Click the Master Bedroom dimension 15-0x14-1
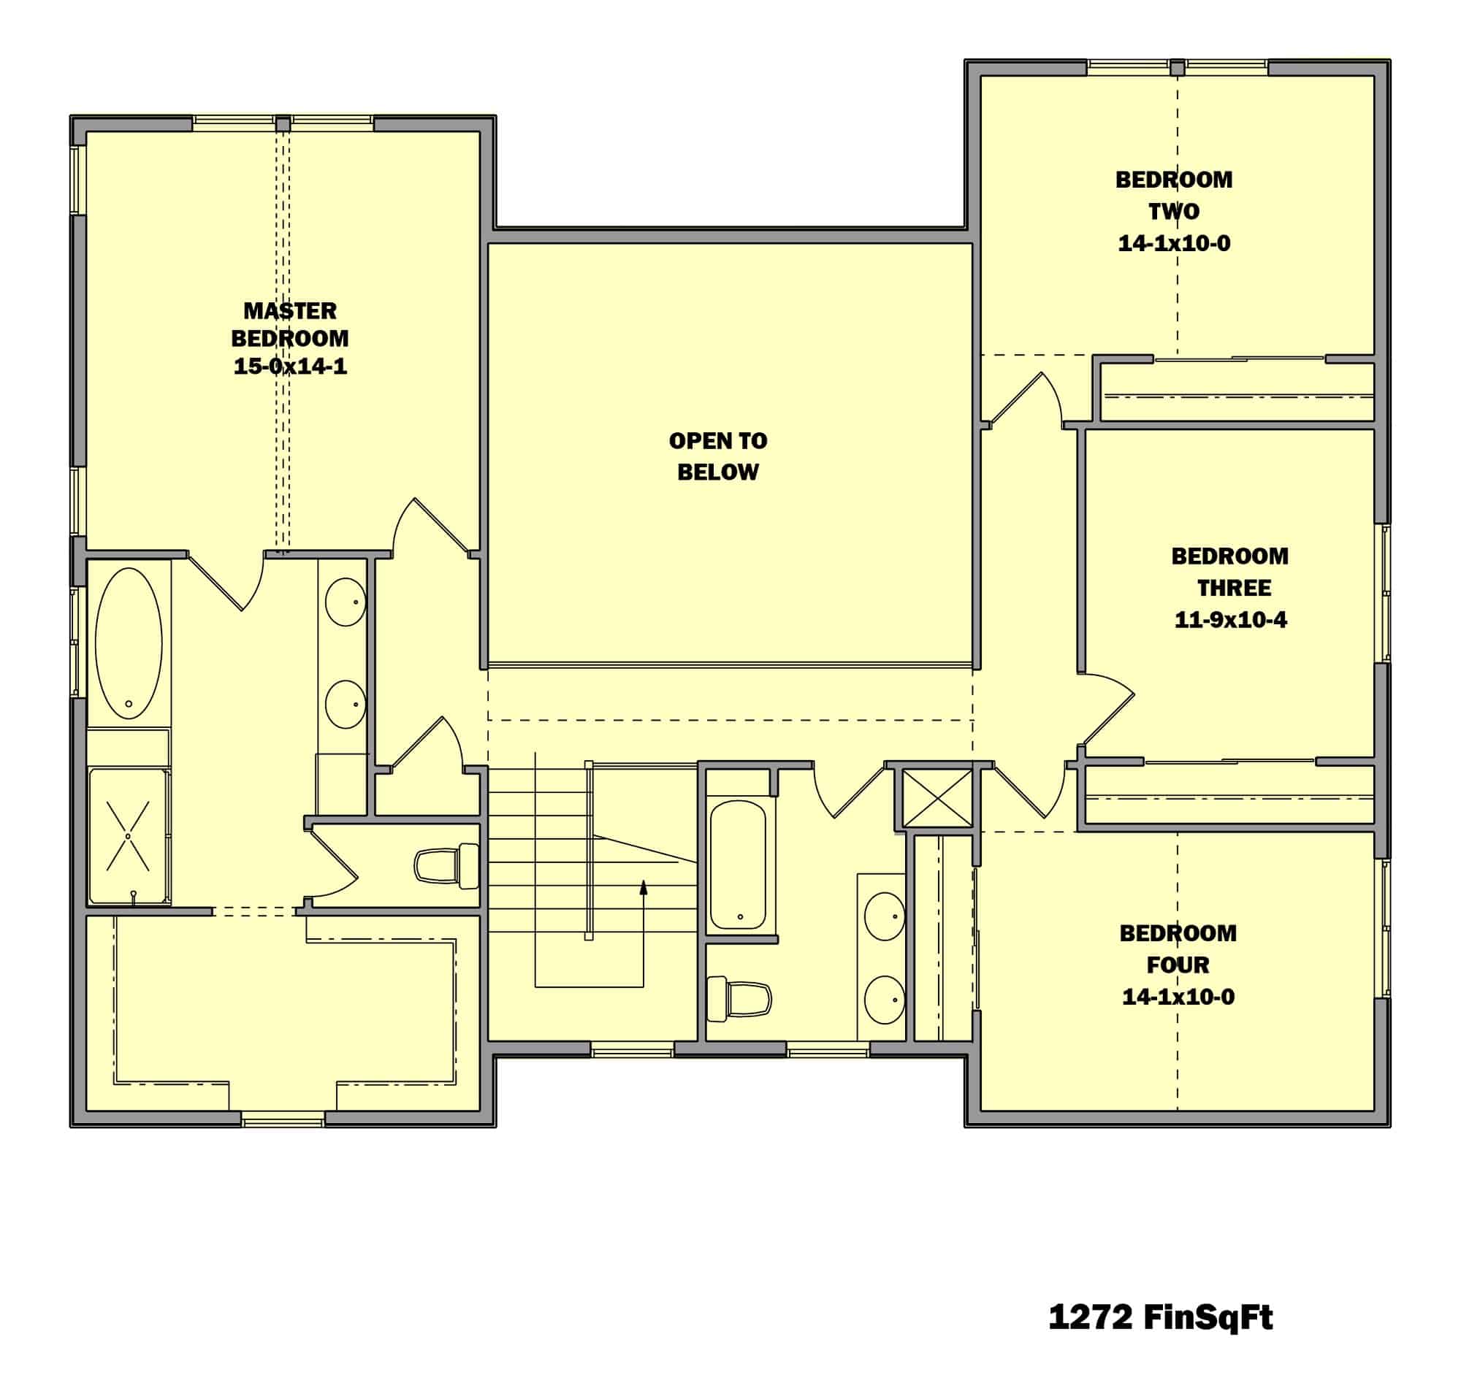point(290,367)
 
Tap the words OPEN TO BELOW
point(717,456)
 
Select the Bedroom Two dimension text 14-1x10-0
point(1173,244)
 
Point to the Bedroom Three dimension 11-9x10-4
point(1230,620)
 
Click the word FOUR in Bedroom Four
point(1177,965)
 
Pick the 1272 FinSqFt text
point(1160,1317)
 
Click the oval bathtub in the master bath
point(129,643)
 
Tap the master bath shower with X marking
point(129,836)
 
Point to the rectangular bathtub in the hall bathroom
point(738,865)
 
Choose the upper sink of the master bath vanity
point(345,602)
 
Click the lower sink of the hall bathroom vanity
point(884,1000)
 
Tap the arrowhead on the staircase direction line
point(644,886)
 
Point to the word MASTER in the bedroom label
point(290,310)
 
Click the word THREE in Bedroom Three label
point(1234,589)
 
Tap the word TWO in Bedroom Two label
point(1173,212)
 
